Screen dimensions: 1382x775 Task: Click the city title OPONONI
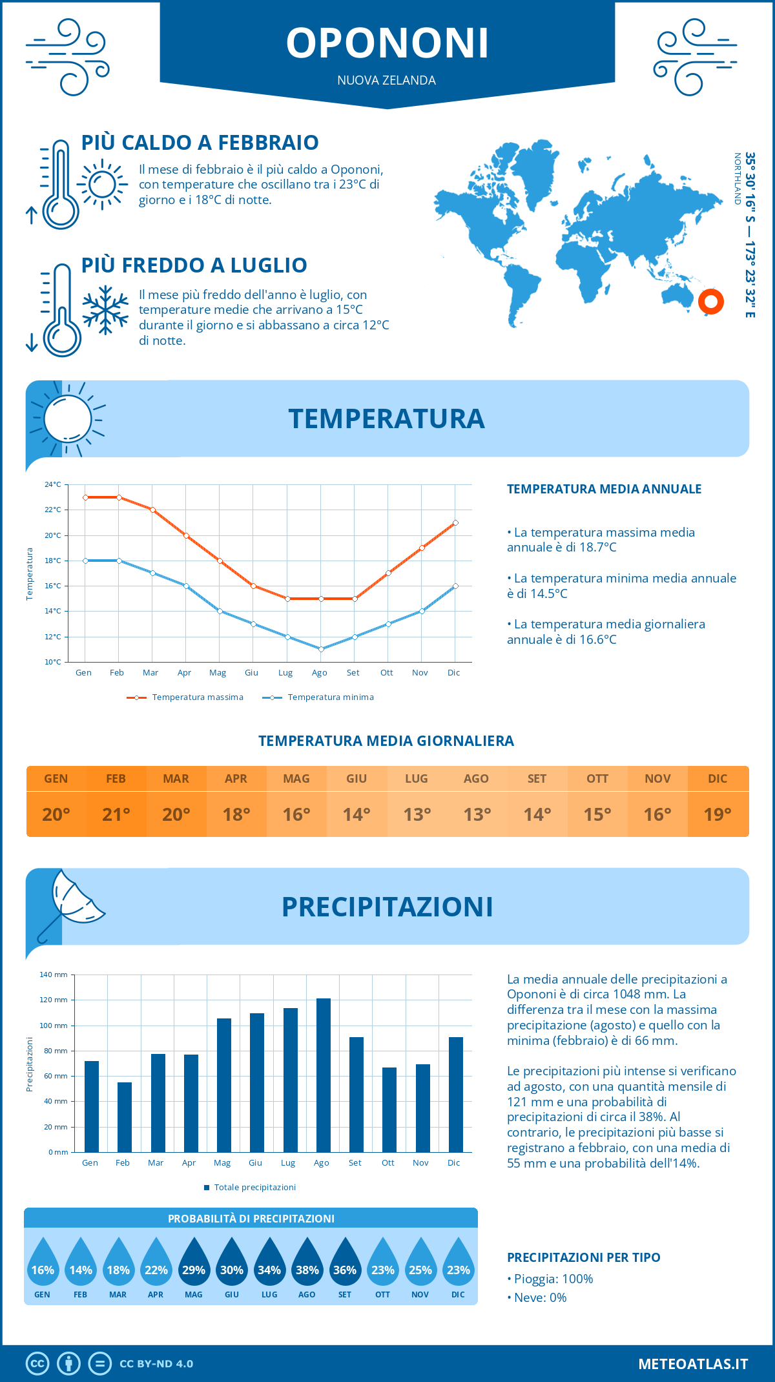(387, 43)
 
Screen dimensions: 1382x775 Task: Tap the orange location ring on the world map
(710, 301)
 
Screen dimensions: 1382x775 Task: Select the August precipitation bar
(323, 1075)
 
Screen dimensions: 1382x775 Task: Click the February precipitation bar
(124, 1117)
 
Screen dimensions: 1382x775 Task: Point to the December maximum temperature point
(455, 522)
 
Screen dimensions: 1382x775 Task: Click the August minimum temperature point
(321, 649)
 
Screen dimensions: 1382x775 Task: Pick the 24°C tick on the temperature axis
(53, 484)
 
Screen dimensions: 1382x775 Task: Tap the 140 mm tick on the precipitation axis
(54, 975)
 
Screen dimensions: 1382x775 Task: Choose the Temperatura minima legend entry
(330, 697)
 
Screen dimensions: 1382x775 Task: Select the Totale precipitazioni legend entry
(254, 1187)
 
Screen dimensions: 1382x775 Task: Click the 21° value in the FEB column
(116, 814)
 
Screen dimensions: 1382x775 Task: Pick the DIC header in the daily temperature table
(718, 779)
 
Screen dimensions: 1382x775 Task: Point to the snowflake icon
(105, 310)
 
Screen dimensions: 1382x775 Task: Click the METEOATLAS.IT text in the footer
(693, 1363)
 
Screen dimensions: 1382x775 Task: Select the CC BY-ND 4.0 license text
(156, 1363)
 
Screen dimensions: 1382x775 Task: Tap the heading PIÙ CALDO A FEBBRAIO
(200, 143)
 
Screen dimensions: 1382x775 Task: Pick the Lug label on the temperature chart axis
(285, 673)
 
